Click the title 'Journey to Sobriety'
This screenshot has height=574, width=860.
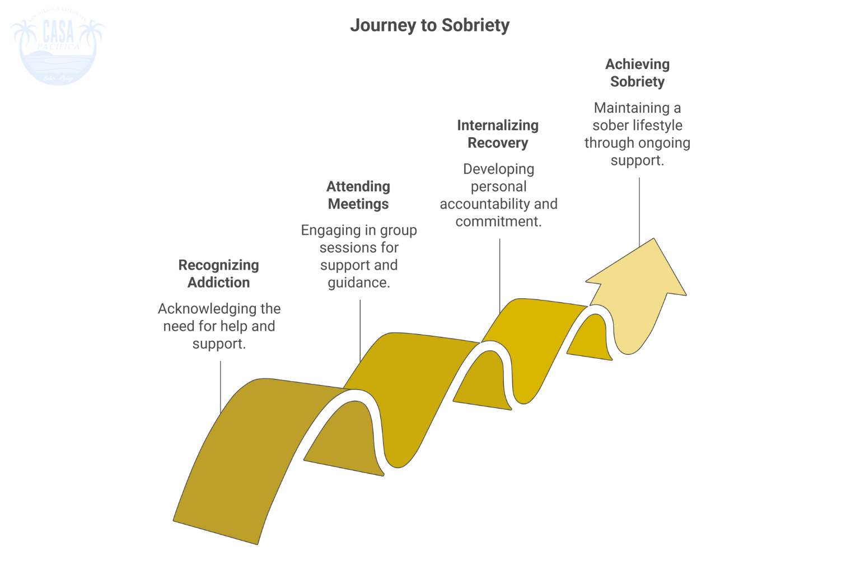[429, 25]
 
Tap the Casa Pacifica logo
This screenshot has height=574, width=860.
[58, 49]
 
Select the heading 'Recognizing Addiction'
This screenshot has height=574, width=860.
[218, 274]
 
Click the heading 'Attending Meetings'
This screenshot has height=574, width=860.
[358, 195]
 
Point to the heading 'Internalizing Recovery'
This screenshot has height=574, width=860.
[498, 134]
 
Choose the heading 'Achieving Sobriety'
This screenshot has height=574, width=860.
[637, 73]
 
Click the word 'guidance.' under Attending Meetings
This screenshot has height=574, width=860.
[359, 283]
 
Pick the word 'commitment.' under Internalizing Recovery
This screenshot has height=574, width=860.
[498, 221]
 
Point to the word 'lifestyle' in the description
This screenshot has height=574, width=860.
[657, 125]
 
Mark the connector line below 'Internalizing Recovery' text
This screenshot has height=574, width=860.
[499, 275]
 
